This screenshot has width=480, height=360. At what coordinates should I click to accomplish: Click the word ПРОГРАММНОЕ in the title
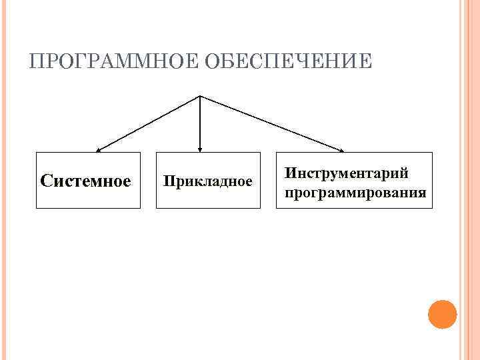(114, 62)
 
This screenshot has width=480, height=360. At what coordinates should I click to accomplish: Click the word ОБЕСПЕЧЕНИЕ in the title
(288, 62)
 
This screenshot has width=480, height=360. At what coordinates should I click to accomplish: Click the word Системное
(85, 181)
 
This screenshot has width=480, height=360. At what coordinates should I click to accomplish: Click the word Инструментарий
(347, 173)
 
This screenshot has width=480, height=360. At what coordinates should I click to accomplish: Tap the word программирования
(355, 193)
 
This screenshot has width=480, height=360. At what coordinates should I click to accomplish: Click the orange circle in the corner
(442, 314)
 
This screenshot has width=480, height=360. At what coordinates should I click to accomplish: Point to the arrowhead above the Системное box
(97, 150)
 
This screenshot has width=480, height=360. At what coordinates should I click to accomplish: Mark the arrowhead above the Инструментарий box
(343, 150)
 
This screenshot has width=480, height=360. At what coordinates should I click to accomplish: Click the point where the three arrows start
(200, 96)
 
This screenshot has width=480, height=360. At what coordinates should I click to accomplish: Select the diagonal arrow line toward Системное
(149, 123)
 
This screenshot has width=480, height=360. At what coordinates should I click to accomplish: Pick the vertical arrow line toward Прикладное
(200, 123)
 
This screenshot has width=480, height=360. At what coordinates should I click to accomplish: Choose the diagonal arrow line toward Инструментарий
(271, 123)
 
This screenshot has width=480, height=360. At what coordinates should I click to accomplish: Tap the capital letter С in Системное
(46, 181)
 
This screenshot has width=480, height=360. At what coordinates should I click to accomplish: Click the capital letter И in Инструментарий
(290, 173)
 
